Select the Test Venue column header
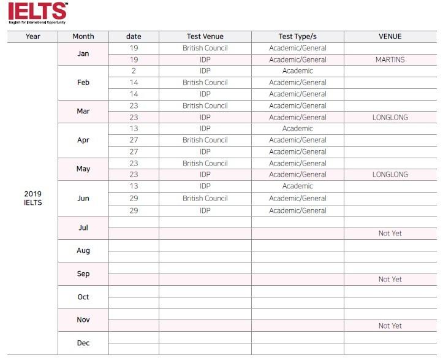pyautogui.click(x=205, y=36)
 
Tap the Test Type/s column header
pyautogui.click(x=297, y=36)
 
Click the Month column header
pyautogui.click(x=83, y=36)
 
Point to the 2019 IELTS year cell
pyautogui.click(x=33, y=198)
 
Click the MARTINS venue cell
pyautogui.click(x=390, y=60)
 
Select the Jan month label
pyautogui.click(x=83, y=54)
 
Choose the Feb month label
pyautogui.click(x=83, y=83)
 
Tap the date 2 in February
pyautogui.click(x=134, y=71)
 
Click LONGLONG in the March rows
pyautogui.click(x=390, y=117)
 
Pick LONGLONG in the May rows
pyautogui.click(x=390, y=175)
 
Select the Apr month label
pyautogui.click(x=83, y=140)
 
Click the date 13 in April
pyautogui.click(x=134, y=129)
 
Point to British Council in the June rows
pyautogui.click(x=205, y=199)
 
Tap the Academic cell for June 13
pyautogui.click(x=297, y=186)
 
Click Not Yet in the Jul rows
pyautogui.click(x=390, y=234)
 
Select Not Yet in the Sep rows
pyautogui.click(x=390, y=280)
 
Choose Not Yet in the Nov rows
pyautogui.click(x=390, y=326)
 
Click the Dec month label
pyautogui.click(x=83, y=343)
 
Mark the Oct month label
pyautogui.click(x=83, y=297)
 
